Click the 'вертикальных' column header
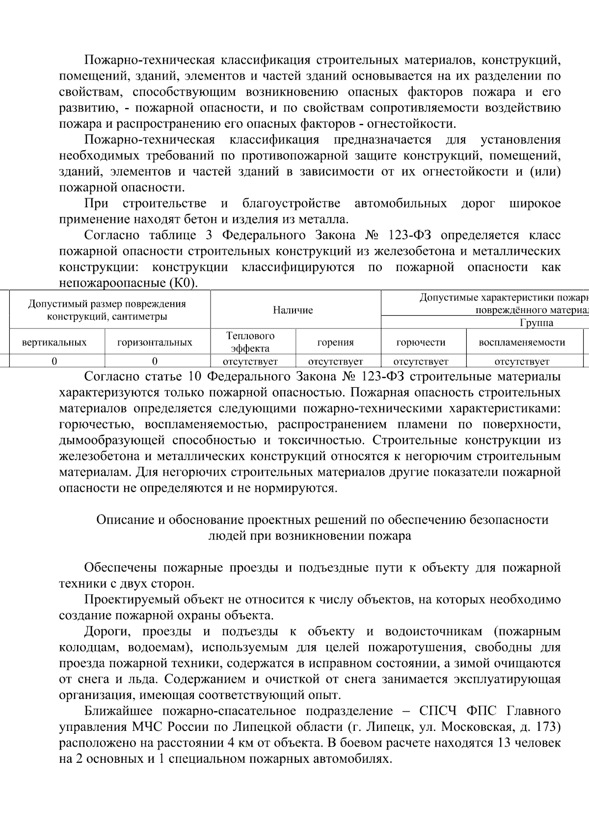point(54,343)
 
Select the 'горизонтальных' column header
point(155,343)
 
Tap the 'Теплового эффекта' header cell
point(250,342)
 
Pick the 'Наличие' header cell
point(293,310)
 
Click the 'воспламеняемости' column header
point(522,343)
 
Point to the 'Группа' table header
point(535,323)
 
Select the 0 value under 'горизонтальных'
point(155,361)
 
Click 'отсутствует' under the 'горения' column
point(335,362)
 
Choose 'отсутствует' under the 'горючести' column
point(421,362)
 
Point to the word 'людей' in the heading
point(224,536)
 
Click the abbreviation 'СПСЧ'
point(438,711)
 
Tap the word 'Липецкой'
point(263,727)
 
